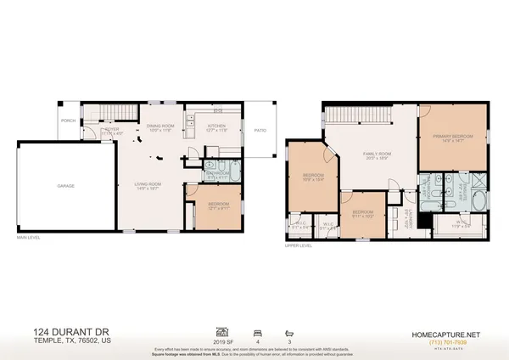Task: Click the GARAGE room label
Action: coord(65,186)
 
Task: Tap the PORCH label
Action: coord(68,121)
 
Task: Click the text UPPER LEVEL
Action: coord(299,245)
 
